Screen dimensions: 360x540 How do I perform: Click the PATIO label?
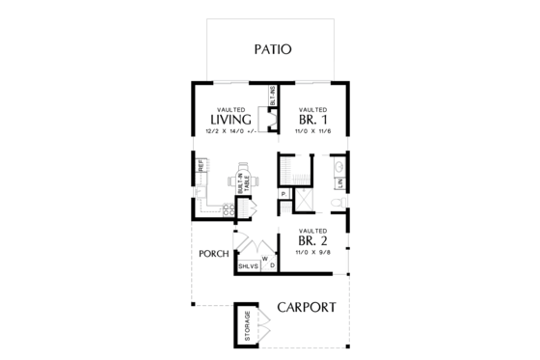274,49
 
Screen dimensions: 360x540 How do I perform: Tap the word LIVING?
230,120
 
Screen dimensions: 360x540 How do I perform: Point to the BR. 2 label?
313,241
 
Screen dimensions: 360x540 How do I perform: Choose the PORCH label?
212,254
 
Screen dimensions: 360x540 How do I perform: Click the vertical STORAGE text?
248,326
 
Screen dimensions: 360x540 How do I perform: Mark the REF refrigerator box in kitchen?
201,167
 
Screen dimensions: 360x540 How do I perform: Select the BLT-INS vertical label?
273,97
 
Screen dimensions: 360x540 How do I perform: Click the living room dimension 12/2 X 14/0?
230,132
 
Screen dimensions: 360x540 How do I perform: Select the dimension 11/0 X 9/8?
313,253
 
